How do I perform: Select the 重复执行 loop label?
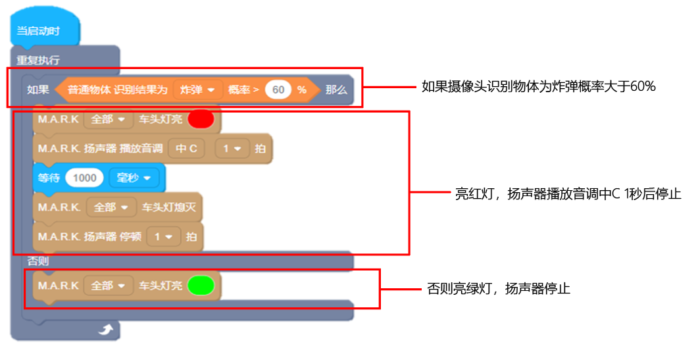tap(38, 60)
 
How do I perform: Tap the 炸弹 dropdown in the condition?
tap(197, 90)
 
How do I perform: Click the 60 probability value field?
tap(278, 90)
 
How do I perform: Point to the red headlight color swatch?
tap(201, 120)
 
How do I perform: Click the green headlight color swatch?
tap(201, 286)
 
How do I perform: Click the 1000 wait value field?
tap(85, 178)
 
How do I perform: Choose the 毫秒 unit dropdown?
tap(134, 178)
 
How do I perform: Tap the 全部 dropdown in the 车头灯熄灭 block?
tap(110, 207)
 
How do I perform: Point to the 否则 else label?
tap(37, 261)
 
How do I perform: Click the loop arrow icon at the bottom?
tap(105, 329)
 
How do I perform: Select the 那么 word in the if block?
tap(336, 90)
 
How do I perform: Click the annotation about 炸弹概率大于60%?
tap(539, 86)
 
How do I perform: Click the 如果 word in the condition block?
tap(37, 90)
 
